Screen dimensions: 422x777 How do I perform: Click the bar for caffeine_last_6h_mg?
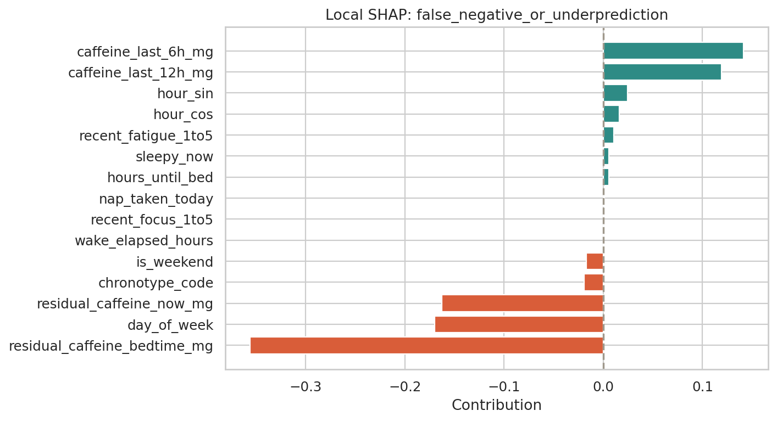tap(673, 51)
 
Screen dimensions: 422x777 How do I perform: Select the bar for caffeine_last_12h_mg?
tap(662, 72)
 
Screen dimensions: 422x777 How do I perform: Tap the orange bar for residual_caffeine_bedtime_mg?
tap(427, 346)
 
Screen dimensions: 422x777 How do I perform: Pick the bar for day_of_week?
tap(519, 325)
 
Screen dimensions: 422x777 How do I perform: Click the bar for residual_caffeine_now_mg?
tap(523, 303)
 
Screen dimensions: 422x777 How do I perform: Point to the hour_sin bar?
tap(615, 93)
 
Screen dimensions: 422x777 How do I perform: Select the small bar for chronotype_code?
tap(594, 283)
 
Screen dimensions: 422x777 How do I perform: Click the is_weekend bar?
tap(595, 262)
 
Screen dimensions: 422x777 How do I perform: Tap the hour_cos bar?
tap(611, 114)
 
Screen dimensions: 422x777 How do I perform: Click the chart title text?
tap(496, 15)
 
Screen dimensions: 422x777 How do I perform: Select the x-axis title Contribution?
tap(496, 406)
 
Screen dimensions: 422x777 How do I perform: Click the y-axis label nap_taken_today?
tap(156, 199)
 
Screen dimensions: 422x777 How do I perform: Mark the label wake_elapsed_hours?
tap(144, 241)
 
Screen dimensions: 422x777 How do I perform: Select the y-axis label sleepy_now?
tap(174, 157)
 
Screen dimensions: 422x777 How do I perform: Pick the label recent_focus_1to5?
tap(152, 220)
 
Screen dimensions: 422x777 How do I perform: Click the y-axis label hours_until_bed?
tap(160, 178)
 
